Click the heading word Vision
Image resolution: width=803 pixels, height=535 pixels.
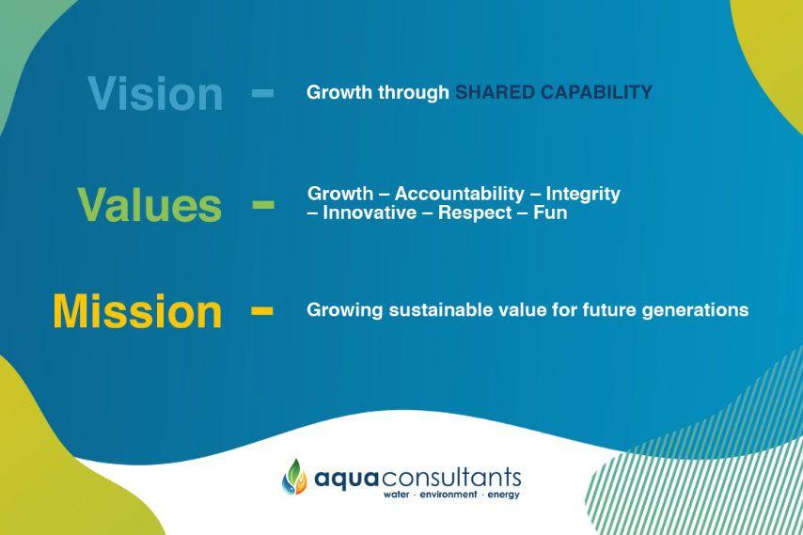[x=155, y=94]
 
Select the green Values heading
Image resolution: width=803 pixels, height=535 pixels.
[x=150, y=204]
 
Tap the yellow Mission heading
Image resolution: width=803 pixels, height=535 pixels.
[x=137, y=311]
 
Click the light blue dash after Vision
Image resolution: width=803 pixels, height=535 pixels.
[x=262, y=93]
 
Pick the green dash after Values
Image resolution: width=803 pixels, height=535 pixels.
[x=262, y=205]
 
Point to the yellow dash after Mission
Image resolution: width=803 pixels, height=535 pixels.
[x=261, y=310]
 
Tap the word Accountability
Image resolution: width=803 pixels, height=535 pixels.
[x=460, y=194]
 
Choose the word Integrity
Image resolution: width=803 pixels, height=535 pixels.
[x=583, y=194]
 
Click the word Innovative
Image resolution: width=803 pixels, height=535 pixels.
[x=370, y=212]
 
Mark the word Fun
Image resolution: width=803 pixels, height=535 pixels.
[x=550, y=212]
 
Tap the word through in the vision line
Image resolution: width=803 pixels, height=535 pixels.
[x=414, y=92]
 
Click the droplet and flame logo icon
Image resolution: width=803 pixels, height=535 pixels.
[x=294, y=477]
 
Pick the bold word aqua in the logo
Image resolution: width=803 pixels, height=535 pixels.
[x=346, y=479]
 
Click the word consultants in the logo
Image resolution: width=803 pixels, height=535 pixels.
[x=451, y=477]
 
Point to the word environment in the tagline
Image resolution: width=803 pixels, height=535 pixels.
[x=449, y=495]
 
